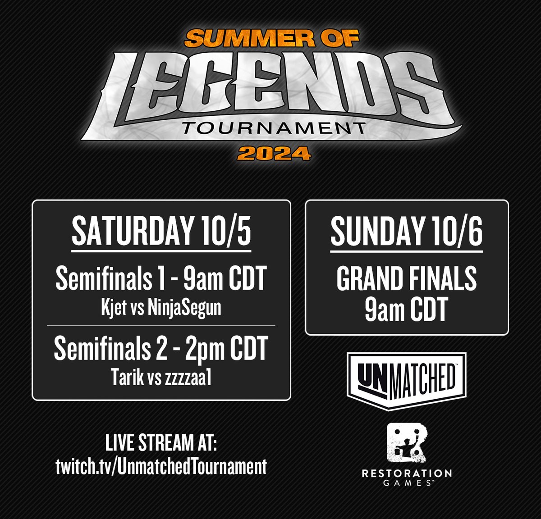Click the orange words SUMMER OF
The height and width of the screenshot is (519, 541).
[271, 39]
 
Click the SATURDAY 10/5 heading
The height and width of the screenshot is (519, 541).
[161, 232]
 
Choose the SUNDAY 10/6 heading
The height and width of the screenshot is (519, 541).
[406, 232]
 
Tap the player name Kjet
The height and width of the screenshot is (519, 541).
[114, 309]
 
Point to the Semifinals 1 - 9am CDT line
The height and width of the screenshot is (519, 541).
[161, 279]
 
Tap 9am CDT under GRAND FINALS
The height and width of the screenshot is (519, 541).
[406, 310]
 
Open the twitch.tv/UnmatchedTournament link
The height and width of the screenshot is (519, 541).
[161, 466]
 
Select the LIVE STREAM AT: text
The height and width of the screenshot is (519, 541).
[161, 443]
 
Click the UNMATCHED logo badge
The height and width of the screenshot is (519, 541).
[406, 381]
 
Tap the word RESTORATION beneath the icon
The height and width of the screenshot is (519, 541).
[406, 473]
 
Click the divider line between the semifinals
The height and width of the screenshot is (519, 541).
[161, 325]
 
